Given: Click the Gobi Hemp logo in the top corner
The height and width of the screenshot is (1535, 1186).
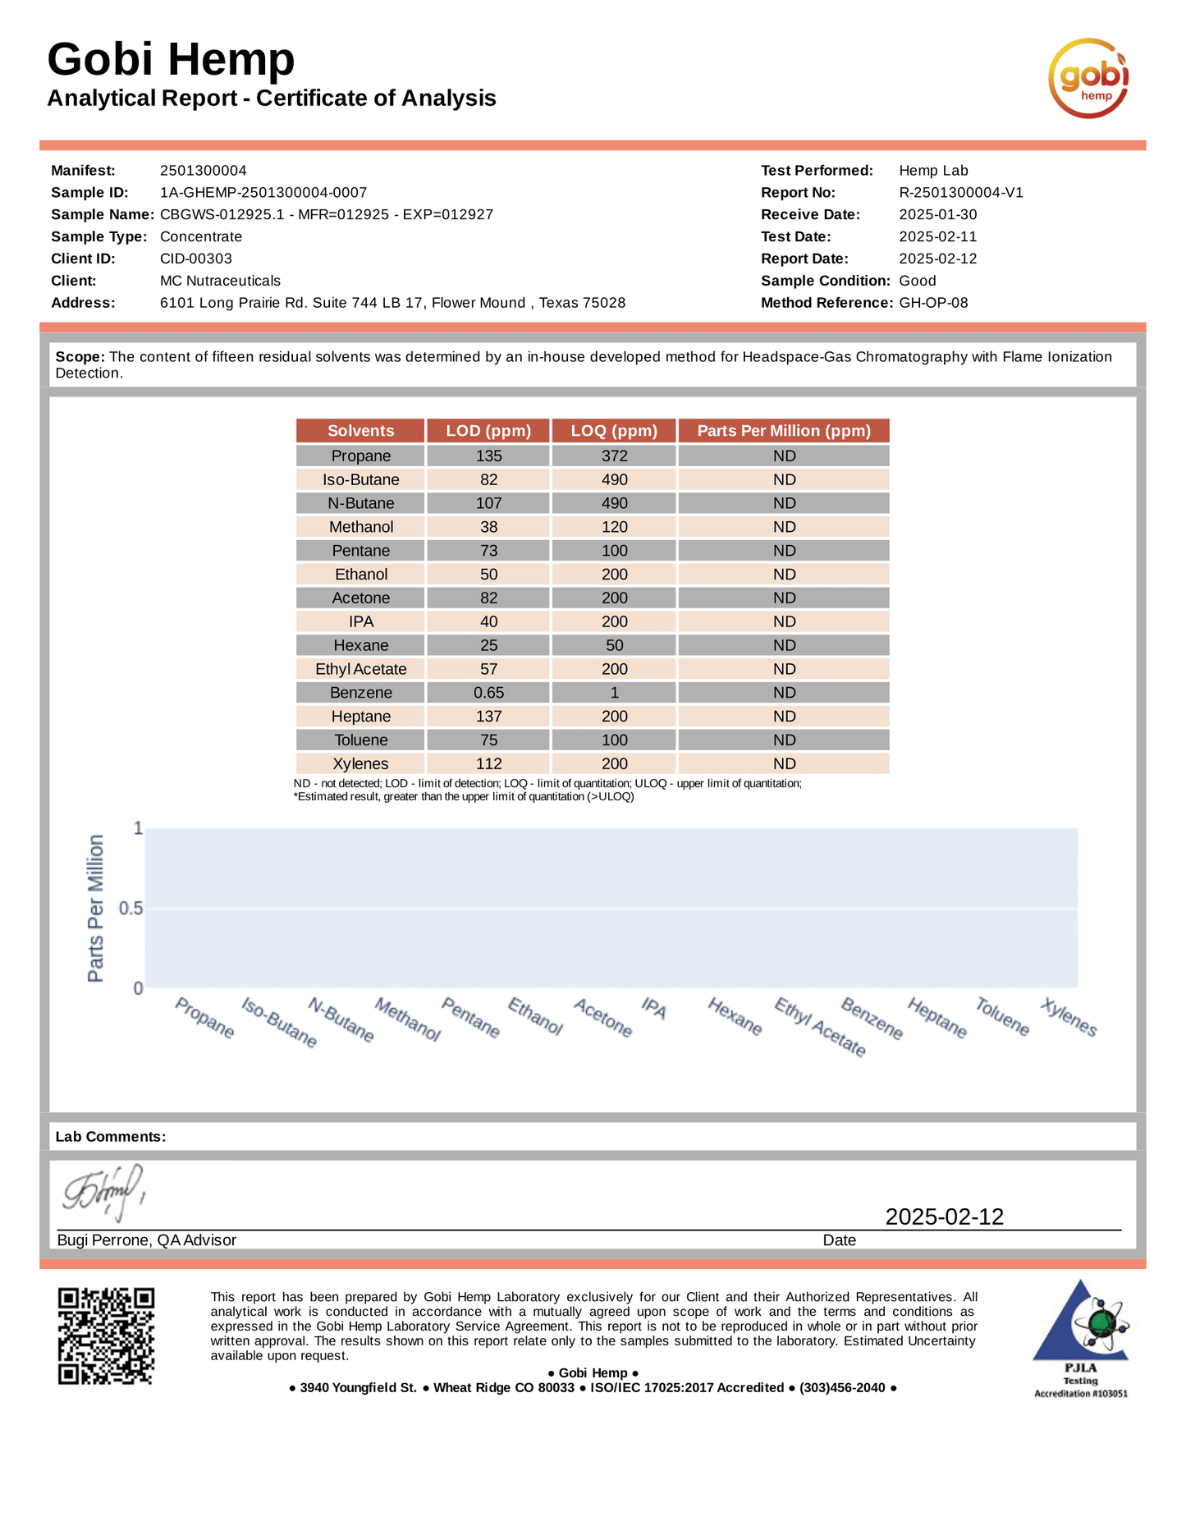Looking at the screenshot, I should coord(1088,78).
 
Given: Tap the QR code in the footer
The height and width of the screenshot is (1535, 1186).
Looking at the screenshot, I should coord(106,1336).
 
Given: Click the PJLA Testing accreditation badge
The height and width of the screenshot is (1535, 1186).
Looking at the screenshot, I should coord(1080,1338).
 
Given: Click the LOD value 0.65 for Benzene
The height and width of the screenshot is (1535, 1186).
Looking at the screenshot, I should coord(488,693).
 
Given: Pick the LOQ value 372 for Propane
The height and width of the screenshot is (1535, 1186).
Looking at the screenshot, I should coord(614,456).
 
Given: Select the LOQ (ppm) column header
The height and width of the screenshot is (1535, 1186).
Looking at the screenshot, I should coord(614,431).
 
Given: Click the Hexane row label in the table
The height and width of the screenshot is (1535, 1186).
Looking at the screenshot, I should coord(360,645).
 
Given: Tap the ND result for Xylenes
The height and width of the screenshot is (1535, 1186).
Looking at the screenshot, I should coord(784,763).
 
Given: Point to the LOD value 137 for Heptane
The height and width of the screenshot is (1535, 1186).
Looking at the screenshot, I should coord(488,717).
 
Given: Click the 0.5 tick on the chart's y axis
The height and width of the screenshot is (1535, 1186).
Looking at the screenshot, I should coord(131,909).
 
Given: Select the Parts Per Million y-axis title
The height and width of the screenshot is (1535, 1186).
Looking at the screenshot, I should coord(96,908).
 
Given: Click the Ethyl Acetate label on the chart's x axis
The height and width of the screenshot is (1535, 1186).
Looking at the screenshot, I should coord(820,1027).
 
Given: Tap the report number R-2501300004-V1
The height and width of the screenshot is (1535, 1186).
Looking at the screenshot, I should coord(961,193).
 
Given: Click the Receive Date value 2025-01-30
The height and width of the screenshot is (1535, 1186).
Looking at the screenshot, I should coord(938,215).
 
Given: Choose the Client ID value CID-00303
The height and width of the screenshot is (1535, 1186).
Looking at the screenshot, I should coord(196,259).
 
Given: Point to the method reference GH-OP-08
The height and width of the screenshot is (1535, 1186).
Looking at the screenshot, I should coord(933,303).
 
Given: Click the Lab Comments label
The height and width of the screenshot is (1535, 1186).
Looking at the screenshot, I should coord(111,1137).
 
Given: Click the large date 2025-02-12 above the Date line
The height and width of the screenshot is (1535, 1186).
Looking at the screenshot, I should coord(944,1217).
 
